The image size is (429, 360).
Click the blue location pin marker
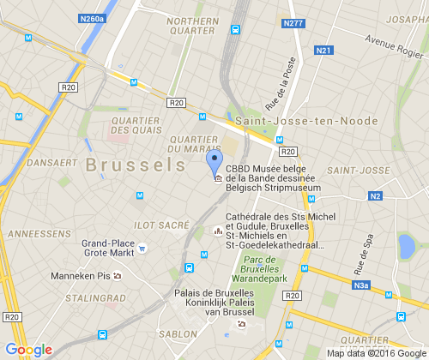[x=215, y=161]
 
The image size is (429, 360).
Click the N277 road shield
[x=292, y=23]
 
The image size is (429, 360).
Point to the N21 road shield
[x=323, y=51]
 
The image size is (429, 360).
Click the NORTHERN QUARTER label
[x=191, y=26]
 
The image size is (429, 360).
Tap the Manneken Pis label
[x=82, y=276]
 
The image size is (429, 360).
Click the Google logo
[x=29, y=349]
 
